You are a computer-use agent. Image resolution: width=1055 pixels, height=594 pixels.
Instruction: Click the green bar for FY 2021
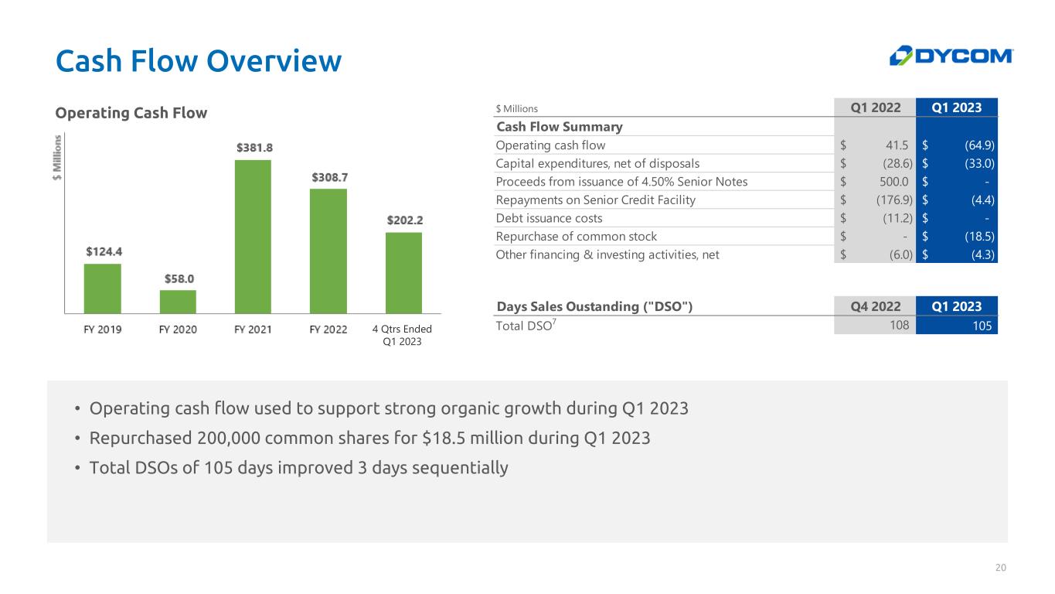[x=253, y=236]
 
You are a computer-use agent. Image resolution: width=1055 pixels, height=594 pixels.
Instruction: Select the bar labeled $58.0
[x=178, y=301]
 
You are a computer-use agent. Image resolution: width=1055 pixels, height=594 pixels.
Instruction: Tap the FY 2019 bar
[x=103, y=288]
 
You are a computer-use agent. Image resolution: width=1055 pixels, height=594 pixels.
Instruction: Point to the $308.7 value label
[x=330, y=177]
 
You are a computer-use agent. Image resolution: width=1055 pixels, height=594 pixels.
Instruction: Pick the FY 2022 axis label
[x=328, y=329]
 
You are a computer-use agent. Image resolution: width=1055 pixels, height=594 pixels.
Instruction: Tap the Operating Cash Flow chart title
[x=131, y=113]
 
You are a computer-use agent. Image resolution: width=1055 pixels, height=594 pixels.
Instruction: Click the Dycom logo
[x=951, y=56]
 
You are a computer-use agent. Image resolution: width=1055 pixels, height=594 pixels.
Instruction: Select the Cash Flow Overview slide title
[x=199, y=61]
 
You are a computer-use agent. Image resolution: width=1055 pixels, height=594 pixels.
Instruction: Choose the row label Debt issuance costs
[x=549, y=218]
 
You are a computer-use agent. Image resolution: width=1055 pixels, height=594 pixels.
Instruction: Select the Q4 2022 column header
[x=875, y=306]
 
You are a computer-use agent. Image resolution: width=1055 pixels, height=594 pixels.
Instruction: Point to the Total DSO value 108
[x=897, y=326]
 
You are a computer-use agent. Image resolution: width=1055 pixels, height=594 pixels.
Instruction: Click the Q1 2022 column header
[x=875, y=108]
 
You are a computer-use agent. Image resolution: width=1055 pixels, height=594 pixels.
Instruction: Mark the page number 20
[x=1001, y=568]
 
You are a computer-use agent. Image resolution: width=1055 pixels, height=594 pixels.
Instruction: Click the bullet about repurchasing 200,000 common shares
[x=369, y=439]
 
